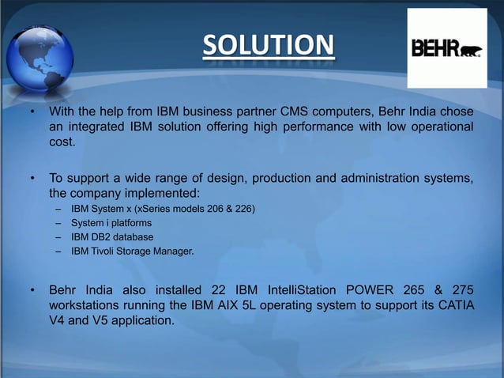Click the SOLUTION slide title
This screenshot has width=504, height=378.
[x=267, y=45]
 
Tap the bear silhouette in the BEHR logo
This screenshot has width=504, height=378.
[x=471, y=51]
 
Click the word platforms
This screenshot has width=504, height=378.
[x=129, y=223]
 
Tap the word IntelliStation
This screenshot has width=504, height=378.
[x=299, y=289]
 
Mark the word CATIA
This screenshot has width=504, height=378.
[x=455, y=304]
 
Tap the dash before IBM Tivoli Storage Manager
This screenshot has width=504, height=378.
[x=58, y=251]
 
